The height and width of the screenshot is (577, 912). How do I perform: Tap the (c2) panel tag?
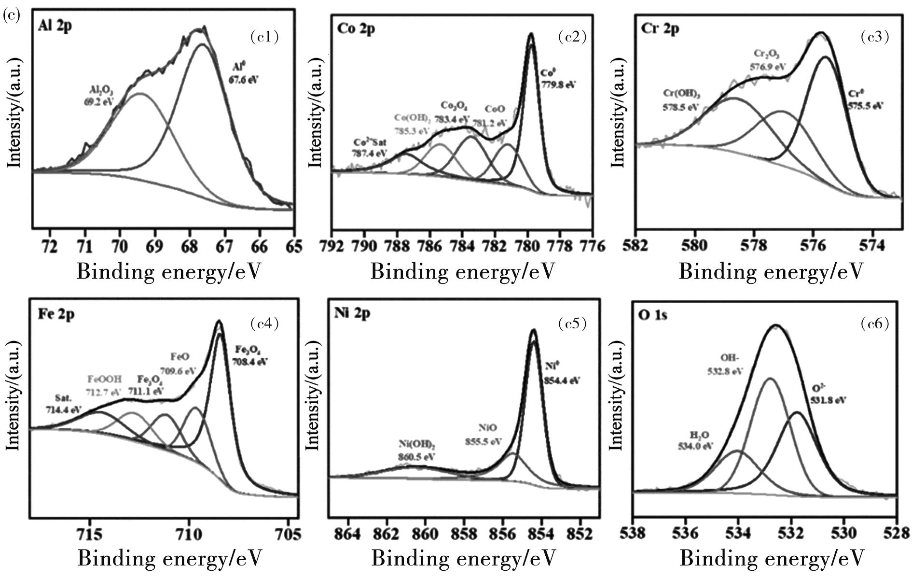(x=572, y=37)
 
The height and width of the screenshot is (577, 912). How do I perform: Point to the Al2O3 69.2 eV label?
(x=99, y=96)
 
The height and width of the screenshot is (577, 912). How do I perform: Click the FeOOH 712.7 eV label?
(x=105, y=385)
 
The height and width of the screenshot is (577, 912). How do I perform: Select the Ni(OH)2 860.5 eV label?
(x=417, y=450)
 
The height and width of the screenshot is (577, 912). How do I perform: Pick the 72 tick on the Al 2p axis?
(x=50, y=246)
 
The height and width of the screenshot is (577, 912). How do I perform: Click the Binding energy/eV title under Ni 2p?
(x=464, y=559)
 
